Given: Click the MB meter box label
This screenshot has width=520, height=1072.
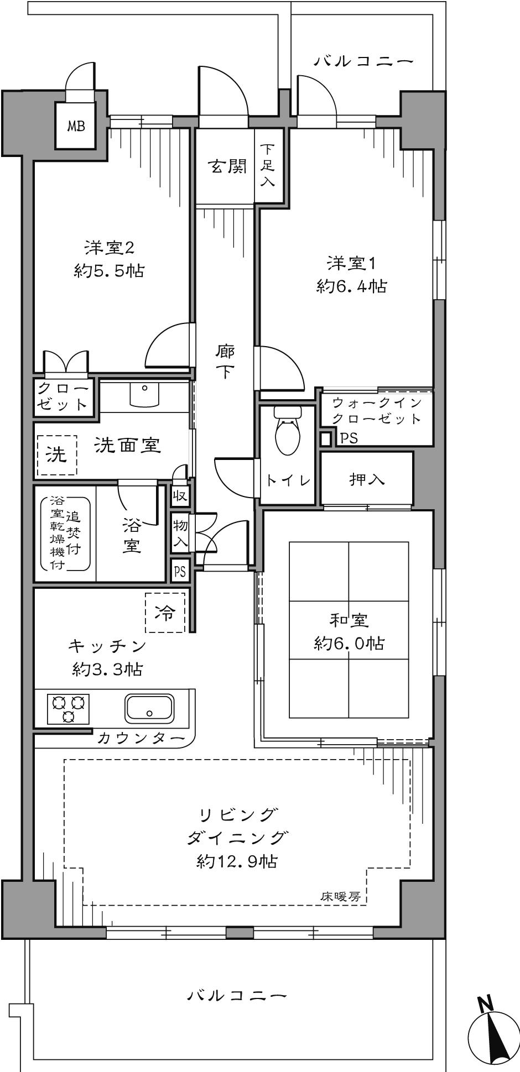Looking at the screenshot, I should [x=76, y=126].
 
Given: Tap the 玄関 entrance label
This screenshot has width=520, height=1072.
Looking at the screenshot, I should [x=227, y=166].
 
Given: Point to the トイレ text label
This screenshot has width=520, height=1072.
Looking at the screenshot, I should [x=288, y=480].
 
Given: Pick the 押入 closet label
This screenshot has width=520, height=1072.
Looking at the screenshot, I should [x=367, y=479].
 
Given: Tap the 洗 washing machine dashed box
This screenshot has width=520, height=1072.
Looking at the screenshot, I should [x=56, y=454].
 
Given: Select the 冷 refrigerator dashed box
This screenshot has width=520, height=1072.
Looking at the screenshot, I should [x=165, y=612].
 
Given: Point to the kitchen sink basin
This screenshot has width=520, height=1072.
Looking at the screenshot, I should [x=149, y=708].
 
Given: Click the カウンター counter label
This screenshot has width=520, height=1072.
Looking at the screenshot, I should [x=141, y=738].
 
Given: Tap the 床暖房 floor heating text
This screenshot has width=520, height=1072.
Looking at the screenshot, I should [x=340, y=896].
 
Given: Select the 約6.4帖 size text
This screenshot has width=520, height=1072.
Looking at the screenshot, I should [x=351, y=286].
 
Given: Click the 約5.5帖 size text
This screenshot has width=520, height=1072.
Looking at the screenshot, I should [x=109, y=270].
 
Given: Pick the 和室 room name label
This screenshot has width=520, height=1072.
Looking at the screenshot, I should [x=349, y=620].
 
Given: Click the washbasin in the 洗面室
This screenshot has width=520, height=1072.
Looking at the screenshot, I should [x=144, y=394].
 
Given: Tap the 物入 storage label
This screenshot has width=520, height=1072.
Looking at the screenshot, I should [x=180, y=532].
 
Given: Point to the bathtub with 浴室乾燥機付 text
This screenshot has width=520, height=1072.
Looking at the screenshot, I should [x=65, y=533].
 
